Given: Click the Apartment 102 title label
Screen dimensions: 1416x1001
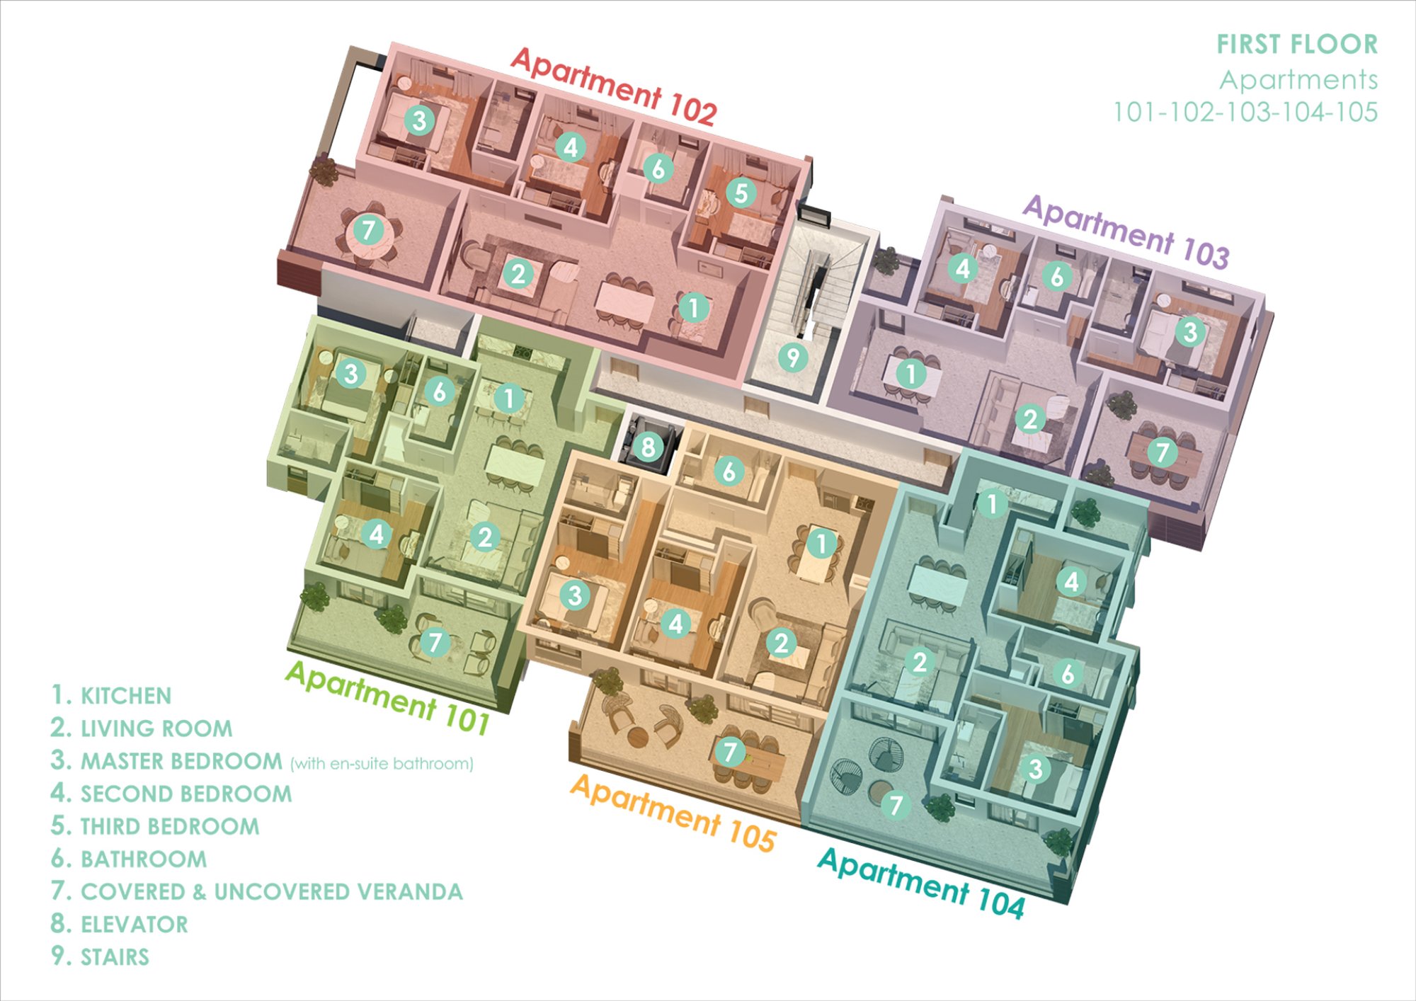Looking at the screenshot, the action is click(613, 86).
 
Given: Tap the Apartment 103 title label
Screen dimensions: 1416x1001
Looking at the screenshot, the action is click(1126, 231).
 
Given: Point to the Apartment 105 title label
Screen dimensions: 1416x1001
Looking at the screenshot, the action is click(673, 812).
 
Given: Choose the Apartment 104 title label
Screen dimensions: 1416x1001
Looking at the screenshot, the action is click(921, 882).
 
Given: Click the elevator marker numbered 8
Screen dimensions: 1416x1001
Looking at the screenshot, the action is click(648, 447).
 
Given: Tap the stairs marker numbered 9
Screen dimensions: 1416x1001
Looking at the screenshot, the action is click(793, 357).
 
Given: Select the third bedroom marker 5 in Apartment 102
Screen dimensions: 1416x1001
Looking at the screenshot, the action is click(741, 193).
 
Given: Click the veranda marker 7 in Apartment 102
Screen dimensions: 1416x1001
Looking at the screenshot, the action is click(367, 229).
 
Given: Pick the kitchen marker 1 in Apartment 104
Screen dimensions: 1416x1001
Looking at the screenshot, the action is click(991, 503).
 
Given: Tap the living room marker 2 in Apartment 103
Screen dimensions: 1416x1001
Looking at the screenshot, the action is click(1030, 418).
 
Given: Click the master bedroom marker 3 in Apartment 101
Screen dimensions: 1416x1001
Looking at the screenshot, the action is click(350, 373).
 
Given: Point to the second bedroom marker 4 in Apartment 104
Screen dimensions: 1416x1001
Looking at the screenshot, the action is click(1071, 582).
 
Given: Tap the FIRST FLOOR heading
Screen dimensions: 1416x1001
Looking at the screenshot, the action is click(1297, 45).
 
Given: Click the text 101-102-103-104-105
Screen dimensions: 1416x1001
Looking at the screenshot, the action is click(1245, 112).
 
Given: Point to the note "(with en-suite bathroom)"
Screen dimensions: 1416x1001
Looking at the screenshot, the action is click(382, 764).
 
